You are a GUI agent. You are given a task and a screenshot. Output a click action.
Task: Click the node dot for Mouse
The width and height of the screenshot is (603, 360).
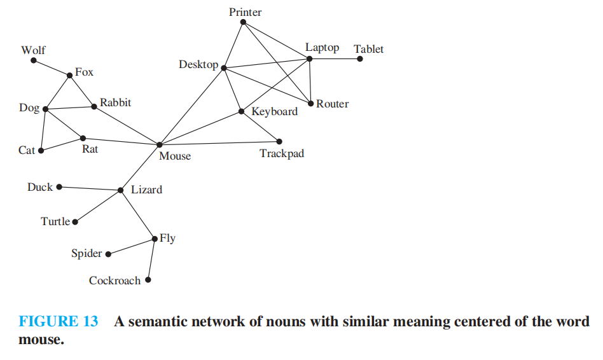point(160,145)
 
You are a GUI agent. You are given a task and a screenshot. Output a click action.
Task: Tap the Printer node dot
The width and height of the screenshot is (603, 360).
point(243,22)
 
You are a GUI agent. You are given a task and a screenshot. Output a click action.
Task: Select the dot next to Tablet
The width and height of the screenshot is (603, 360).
point(360,59)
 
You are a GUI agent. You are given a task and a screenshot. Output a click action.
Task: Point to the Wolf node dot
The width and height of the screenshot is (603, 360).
point(34,61)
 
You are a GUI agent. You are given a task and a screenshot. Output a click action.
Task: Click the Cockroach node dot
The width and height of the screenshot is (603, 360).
point(148,279)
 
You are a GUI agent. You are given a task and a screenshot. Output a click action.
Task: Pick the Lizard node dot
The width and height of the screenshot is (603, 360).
point(121,190)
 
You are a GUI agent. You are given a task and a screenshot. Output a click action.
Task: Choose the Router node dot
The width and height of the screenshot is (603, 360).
point(310,103)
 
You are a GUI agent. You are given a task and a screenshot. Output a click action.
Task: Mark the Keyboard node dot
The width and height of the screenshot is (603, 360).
point(241,111)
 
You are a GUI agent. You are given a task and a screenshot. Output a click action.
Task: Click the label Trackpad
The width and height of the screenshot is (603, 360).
point(282,154)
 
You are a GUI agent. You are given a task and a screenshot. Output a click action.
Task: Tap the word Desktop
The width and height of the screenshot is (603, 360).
point(198,65)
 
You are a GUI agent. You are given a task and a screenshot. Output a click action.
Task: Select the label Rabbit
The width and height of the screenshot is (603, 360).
point(115,102)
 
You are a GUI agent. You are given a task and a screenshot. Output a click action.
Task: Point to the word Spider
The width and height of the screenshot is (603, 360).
point(87,254)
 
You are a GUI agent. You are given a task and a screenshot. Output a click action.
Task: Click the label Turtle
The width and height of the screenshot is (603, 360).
point(55,222)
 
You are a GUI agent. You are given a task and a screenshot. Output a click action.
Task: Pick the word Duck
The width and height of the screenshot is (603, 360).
point(40,187)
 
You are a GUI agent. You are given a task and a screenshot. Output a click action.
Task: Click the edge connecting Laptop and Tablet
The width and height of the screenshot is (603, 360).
point(335,59)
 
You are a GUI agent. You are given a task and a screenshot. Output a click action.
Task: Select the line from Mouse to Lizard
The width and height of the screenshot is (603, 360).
point(140,167)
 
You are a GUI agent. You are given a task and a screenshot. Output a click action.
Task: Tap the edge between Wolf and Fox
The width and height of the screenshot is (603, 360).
point(52,68)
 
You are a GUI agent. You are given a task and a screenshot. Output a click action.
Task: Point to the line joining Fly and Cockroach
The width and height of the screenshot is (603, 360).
point(151,259)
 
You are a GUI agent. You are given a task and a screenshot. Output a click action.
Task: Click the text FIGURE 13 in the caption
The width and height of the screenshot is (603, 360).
point(59,322)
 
